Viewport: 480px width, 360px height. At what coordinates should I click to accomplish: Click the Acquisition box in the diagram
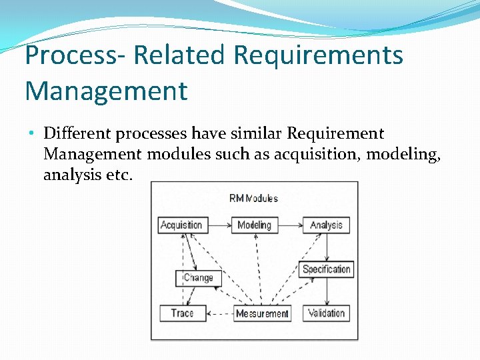coord(181,225)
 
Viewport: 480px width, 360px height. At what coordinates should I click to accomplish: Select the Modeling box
coord(254,225)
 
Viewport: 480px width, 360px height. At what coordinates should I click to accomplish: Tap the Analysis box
coord(326,225)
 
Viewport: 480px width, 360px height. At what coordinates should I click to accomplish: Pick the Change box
coord(198,278)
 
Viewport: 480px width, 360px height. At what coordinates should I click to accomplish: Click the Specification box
coord(326,269)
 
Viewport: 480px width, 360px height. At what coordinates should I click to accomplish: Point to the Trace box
coord(181,313)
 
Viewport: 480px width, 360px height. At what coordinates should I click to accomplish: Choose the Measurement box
coord(262,313)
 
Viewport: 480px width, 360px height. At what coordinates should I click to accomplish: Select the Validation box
coord(326,313)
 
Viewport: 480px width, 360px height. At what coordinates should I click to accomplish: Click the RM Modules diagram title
coord(253,198)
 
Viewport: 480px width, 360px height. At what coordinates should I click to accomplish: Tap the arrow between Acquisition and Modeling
coord(219,225)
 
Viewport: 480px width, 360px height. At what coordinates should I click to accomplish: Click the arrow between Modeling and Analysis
coord(289,225)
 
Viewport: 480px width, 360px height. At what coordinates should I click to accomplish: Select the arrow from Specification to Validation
coord(327,291)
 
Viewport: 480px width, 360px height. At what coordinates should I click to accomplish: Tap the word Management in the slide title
coord(106,91)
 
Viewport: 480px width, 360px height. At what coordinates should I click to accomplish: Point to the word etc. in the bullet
coord(119,175)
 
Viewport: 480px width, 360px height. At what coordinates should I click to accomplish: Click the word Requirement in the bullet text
coord(335,134)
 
